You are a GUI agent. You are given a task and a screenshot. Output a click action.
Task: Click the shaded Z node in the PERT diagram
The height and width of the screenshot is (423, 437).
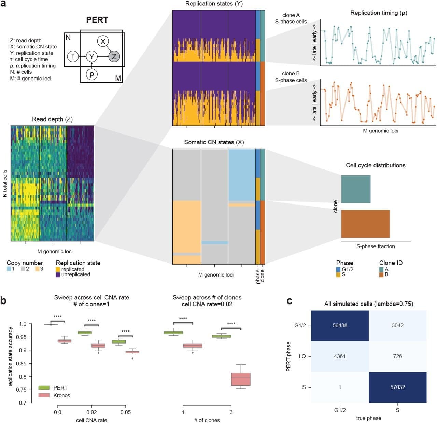click(x=114, y=56)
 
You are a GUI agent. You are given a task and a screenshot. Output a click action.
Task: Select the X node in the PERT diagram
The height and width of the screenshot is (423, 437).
click(x=103, y=41)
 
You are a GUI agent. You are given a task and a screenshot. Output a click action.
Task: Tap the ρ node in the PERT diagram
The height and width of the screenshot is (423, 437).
click(x=91, y=74)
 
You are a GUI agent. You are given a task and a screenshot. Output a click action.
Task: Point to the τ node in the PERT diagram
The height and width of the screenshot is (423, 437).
click(x=73, y=56)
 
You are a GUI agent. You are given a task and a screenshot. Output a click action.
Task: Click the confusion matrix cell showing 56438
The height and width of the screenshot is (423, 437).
click(x=340, y=325)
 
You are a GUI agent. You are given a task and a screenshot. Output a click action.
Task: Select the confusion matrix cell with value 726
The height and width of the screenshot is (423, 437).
click(x=397, y=356)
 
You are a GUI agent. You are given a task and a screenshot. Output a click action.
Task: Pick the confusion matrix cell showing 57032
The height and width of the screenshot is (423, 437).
click(x=397, y=387)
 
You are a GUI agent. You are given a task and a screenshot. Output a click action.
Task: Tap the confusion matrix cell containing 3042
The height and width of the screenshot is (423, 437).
click(x=397, y=325)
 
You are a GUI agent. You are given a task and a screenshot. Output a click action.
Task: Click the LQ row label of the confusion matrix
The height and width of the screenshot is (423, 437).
click(x=302, y=356)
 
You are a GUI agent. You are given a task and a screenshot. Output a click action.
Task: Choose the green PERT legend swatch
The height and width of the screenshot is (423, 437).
click(x=44, y=388)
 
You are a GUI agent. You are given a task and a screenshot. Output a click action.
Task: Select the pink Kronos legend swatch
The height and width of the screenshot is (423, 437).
click(x=44, y=395)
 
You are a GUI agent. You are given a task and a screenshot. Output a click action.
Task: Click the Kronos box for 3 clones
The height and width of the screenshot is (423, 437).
click(x=241, y=379)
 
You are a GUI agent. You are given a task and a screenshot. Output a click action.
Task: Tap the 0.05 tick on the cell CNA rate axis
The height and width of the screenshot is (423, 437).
click(x=126, y=412)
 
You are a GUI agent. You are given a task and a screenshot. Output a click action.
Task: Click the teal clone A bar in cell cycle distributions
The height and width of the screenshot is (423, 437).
click(x=356, y=189)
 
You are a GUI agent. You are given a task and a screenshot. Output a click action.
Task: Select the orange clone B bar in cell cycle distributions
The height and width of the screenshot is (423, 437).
click(x=365, y=224)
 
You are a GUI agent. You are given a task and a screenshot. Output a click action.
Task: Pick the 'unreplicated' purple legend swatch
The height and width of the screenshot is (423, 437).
click(x=58, y=274)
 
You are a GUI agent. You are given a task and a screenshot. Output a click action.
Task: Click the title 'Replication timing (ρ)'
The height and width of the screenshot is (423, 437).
click(x=379, y=13)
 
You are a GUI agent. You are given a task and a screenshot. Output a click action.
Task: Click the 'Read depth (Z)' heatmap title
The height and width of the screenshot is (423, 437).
click(x=52, y=119)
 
